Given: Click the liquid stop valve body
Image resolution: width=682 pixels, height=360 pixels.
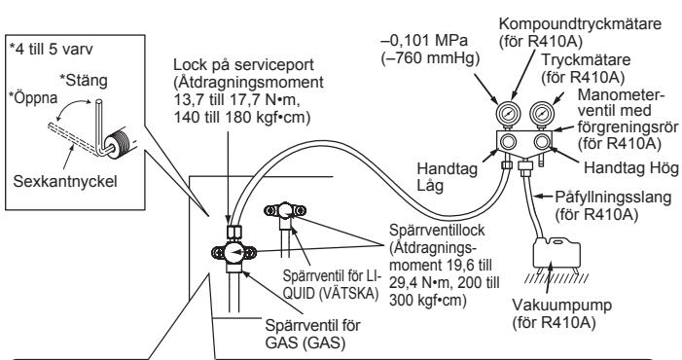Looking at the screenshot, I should (284, 215).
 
